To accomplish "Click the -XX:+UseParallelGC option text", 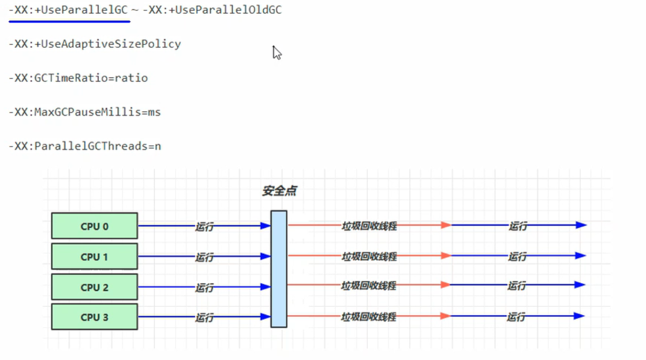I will [68, 10].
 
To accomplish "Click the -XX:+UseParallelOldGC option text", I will [212, 10].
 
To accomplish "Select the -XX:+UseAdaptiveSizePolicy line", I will [95, 44].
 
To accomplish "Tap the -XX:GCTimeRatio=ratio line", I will [78, 78].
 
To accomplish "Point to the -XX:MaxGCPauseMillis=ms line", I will [84, 112].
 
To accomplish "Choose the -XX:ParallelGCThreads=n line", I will [84, 146].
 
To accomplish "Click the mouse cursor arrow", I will [277, 52].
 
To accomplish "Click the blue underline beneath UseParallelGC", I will [69, 21].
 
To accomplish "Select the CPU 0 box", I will [94, 226].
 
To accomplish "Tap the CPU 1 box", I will [94, 256].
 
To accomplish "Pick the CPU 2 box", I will [94, 287].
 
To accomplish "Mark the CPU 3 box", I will [94, 317].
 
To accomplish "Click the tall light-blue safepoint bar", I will [279, 269].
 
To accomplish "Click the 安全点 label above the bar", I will [279, 191].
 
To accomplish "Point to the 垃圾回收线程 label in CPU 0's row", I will [369, 226].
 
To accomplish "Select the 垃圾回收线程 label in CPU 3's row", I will [368, 317].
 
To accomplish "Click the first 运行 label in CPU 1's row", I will [204, 257].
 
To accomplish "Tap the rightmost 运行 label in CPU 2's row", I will [517, 286].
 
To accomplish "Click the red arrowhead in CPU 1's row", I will [446, 256].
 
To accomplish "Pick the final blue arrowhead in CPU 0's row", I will [581, 225].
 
